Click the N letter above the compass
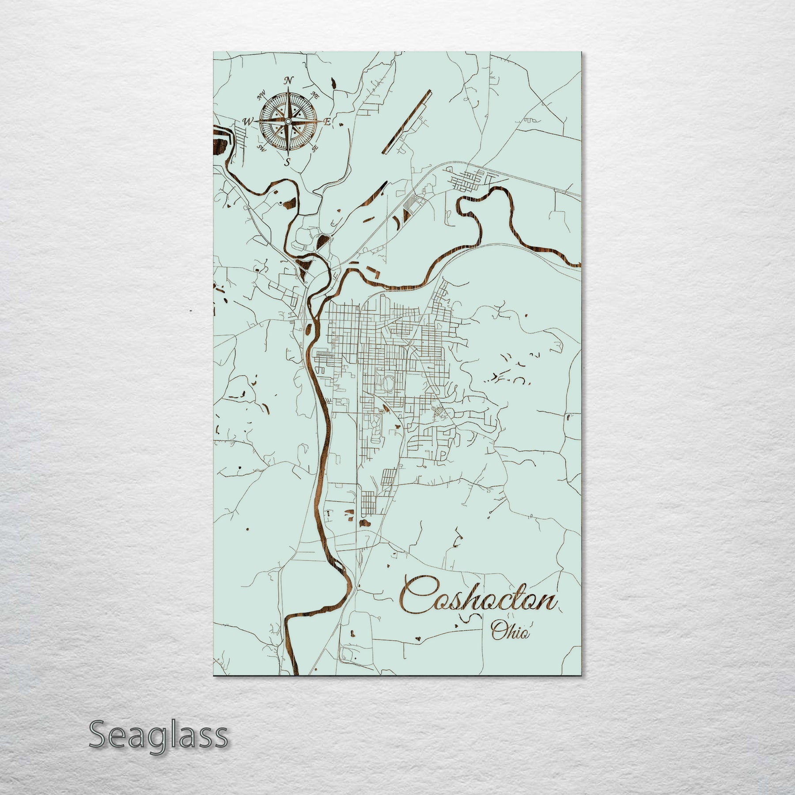(288, 80)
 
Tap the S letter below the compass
(287, 162)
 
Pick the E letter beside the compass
(327, 122)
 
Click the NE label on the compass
(315, 94)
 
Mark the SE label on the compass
(314, 148)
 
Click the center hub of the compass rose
(288, 121)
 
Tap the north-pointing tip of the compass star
(288, 88)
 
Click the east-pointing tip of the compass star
(322, 121)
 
